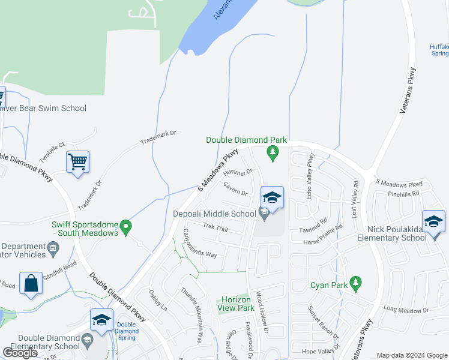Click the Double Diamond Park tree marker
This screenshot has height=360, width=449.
point(274,154)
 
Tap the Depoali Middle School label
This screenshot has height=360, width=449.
point(214,214)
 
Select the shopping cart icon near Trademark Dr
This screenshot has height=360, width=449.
point(77,162)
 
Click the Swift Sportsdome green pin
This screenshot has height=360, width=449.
point(125,227)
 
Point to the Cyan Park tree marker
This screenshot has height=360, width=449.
point(355,282)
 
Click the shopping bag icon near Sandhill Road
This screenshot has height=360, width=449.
point(31,283)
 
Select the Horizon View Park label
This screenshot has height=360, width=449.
point(238,304)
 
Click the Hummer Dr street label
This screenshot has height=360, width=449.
point(238,173)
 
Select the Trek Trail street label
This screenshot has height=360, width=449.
point(215,227)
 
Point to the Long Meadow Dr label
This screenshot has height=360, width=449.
point(406,310)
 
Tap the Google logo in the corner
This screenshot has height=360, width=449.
point(21,352)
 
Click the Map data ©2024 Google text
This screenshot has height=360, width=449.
point(412,355)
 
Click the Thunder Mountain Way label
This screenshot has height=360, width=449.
point(193,307)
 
